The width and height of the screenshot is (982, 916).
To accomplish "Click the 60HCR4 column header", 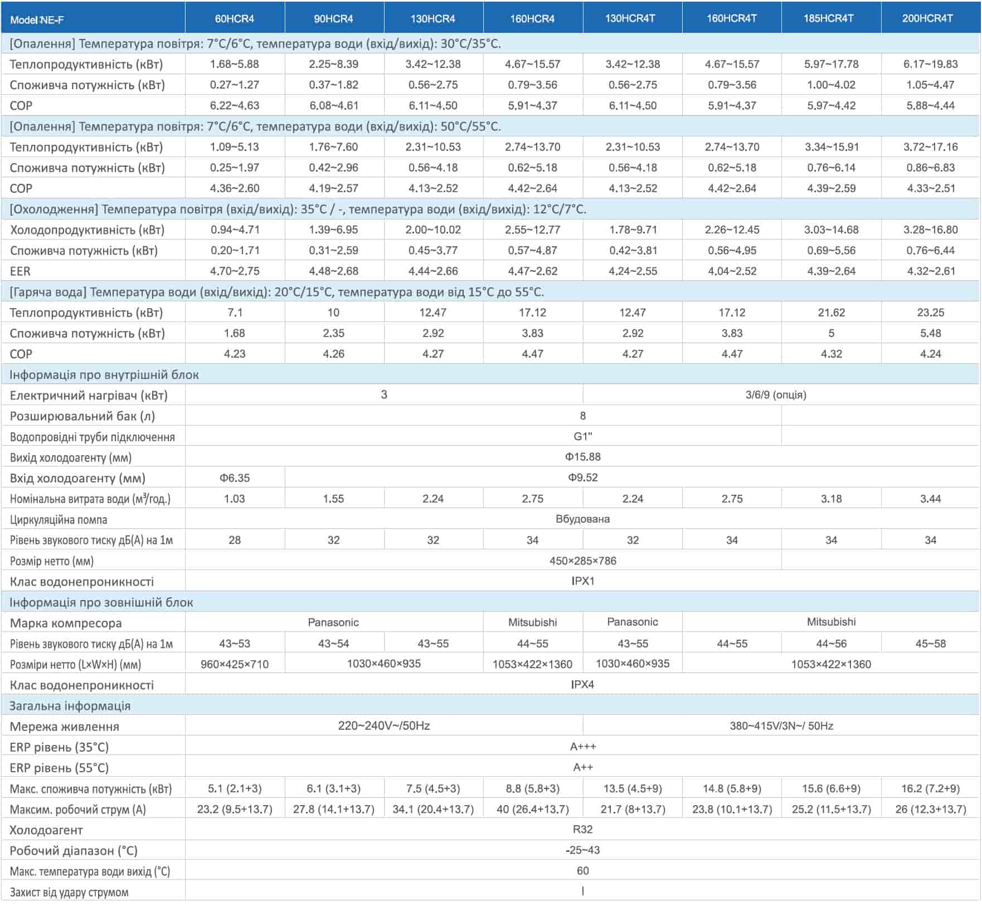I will coord(235,19).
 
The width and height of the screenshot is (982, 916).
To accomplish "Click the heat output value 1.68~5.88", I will coord(235,64).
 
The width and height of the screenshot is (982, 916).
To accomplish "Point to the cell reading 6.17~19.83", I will coord(930,64).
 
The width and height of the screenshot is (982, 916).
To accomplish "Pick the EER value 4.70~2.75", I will coord(235,271).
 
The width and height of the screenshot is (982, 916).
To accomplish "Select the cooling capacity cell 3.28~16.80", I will coord(930,230).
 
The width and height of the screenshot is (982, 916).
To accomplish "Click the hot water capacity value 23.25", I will coord(930,313).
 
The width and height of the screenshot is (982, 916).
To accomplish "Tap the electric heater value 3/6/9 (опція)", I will coord(776,395).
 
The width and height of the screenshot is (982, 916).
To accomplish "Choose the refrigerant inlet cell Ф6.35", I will coord(235,478).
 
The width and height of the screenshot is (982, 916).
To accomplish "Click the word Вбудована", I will coord(582,519).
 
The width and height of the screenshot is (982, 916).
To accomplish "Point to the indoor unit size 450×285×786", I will coord(582,561).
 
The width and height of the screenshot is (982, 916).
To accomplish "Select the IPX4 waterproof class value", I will coord(582,685).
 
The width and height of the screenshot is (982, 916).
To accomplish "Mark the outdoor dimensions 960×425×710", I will coord(235,664).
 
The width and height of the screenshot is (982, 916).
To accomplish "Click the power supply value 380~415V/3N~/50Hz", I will coord(781,726).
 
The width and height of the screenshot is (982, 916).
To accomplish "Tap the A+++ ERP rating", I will coord(582,747).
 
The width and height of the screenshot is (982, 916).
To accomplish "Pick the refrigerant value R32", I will coord(582,830).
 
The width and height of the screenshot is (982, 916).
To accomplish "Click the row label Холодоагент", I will coord(46,830).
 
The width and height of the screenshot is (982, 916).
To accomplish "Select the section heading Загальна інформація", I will coord(70,706).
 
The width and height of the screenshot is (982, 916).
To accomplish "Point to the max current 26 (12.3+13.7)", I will coord(930,809).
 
